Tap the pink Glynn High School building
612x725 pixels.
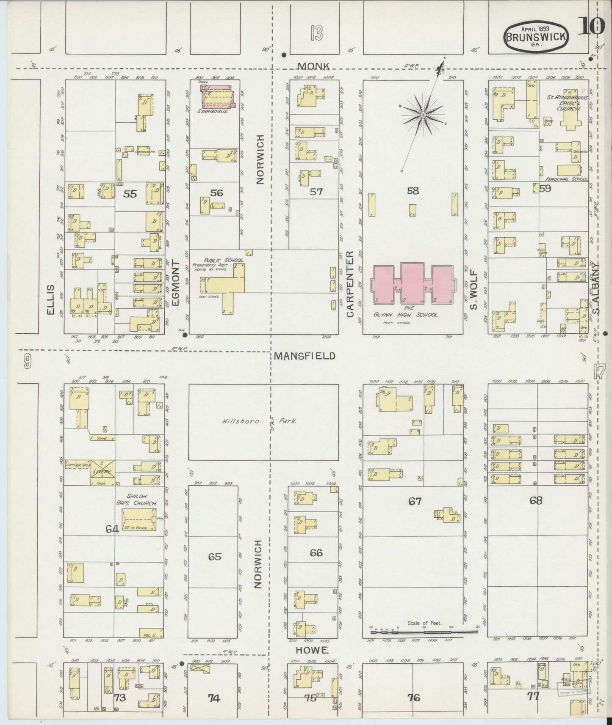coord(413,283)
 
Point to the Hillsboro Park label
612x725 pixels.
coord(258,421)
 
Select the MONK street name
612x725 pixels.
coord(314,66)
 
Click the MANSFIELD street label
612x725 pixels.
coord(304,356)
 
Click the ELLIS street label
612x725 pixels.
coord(51,299)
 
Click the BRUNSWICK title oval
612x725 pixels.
coord(536,37)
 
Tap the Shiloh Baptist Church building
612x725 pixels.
coord(138,519)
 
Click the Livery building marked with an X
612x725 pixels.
coord(102,472)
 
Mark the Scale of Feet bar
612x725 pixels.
coord(424,632)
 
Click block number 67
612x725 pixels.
coord(414,501)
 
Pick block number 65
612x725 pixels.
coord(214,556)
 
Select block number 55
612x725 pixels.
coord(130,194)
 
